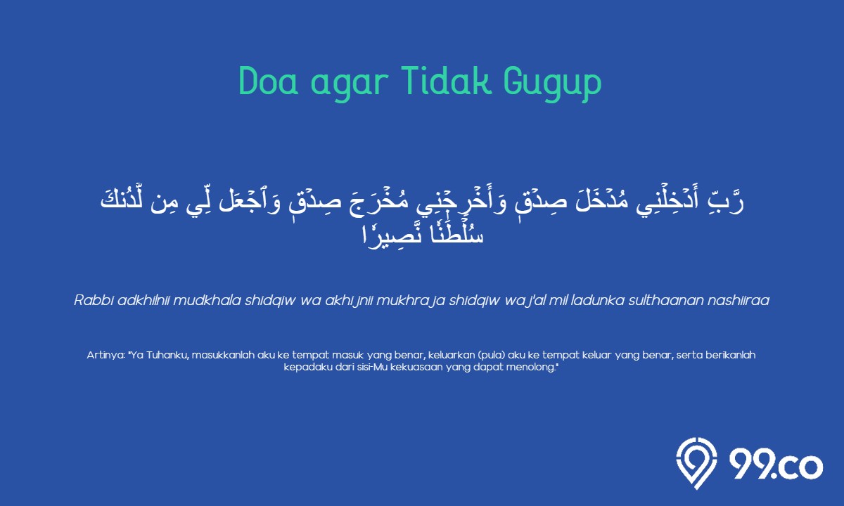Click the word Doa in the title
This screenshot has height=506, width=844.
(x=269, y=82)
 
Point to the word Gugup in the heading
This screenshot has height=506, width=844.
(x=553, y=84)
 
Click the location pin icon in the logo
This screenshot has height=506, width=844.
(x=696, y=463)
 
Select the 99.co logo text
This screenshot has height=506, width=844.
(x=776, y=465)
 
